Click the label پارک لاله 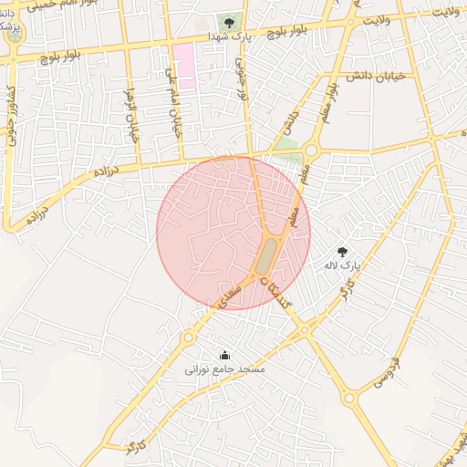(342, 266)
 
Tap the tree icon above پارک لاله (342, 251)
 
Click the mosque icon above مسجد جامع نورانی (225, 355)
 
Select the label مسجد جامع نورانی (225, 369)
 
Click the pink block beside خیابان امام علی (184, 65)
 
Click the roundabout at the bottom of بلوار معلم (311, 150)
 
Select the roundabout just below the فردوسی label (349, 398)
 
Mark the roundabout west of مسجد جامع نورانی (188, 337)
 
